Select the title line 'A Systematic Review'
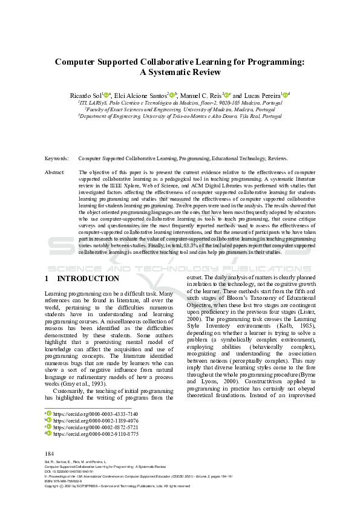(x=180, y=72)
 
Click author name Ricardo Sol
(x=85, y=96)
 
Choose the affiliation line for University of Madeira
(x=180, y=109)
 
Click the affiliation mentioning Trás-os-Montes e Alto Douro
(x=180, y=116)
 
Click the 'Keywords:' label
(x=57, y=158)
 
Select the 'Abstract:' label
(x=56, y=172)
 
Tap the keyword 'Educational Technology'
(x=238, y=158)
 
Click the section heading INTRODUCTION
(x=88, y=279)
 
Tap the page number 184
(x=50, y=453)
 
